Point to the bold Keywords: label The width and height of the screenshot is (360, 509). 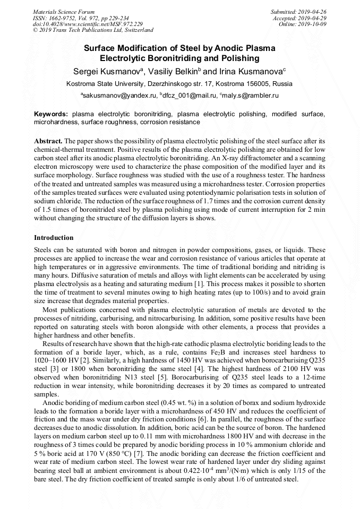point(52,114)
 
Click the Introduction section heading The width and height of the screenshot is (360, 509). point(54,237)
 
